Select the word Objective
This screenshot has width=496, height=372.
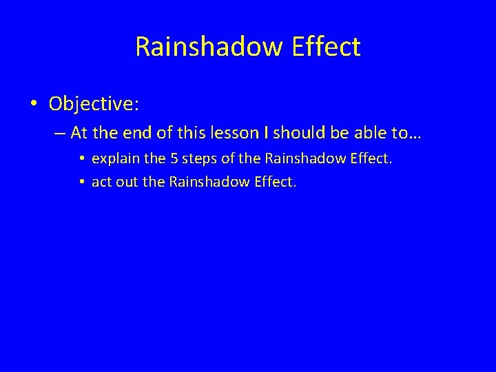click(93, 104)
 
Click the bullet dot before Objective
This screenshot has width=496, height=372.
click(34, 104)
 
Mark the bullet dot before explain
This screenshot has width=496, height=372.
click(81, 159)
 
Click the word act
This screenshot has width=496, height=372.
click(101, 183)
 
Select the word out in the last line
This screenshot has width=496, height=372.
click(125, 183)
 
